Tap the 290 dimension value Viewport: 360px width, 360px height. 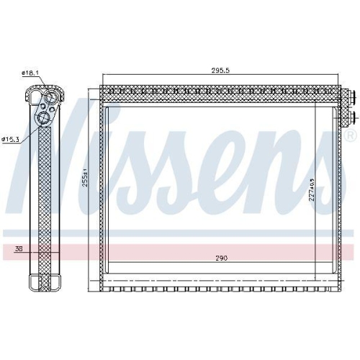220,258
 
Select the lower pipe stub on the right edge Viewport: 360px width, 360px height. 351,114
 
